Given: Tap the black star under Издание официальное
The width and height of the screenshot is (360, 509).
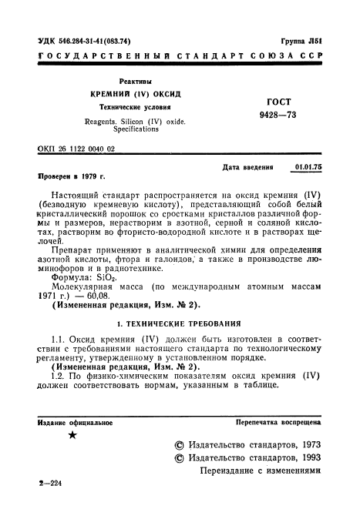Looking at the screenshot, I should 72,435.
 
